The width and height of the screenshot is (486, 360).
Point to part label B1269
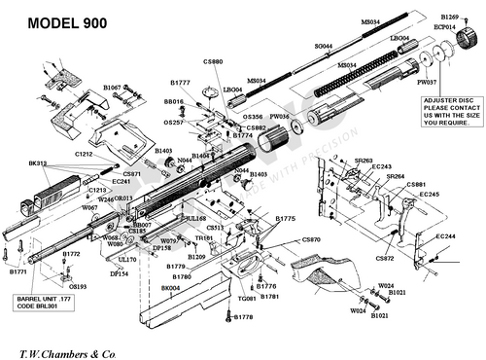point(449,18)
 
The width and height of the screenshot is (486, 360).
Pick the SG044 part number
point(324,46)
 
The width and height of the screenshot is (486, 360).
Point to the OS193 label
point(78,287)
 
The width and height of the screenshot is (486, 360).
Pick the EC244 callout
point(446,236)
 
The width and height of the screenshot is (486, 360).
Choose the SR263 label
point(364,161)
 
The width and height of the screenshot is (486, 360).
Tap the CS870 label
point(311,239)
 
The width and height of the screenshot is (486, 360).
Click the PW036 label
point(280,116)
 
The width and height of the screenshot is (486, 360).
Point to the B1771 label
point(19,272)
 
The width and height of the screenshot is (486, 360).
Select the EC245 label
point(430,195)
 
